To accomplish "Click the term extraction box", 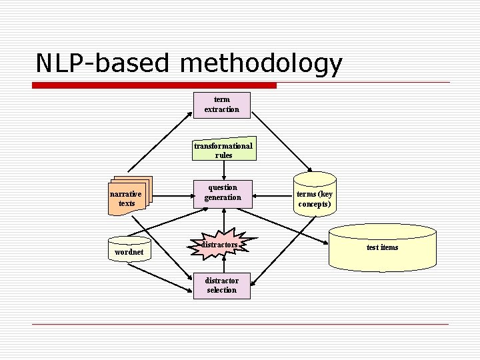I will pos(222,105).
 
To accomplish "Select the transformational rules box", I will pos(223,150).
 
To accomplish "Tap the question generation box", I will pos(223,193).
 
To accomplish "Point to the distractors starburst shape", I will pos(222,245).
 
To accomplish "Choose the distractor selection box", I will pos(221,285).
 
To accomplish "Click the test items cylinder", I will pos(382,247).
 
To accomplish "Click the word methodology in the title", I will pos(261,63).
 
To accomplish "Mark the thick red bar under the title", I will pos(154,85).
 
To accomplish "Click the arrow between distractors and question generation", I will pos(223,220).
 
